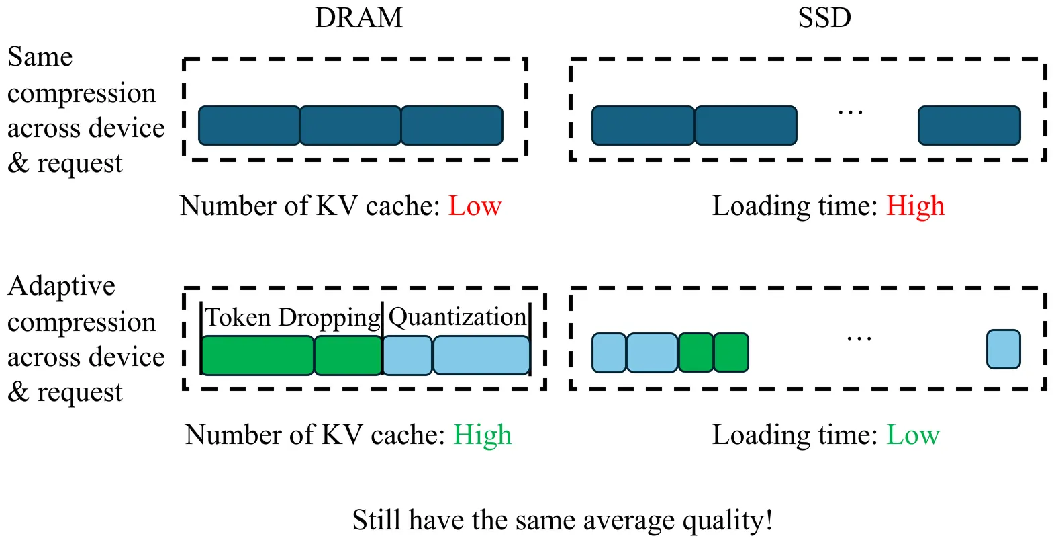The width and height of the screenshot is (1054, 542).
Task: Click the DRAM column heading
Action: pyautogui.click(x=358, y=18)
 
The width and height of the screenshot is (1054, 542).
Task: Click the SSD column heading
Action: pyautogui.click(x=824, y=18)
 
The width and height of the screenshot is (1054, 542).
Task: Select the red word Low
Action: pyautogui.click(x=475, y=206)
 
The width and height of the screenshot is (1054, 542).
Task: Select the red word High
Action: pyautogui.click(x=915, y=206)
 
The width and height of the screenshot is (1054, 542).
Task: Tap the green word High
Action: pyautogui.click(x=482, y=435)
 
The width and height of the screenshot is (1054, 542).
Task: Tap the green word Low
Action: pyautogui.click(x=912, y=435)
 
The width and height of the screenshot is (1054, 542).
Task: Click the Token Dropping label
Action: pyautogui.click(x=293, y=318)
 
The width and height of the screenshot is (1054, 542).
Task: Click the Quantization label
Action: pyautogui.click(x=457, y=318)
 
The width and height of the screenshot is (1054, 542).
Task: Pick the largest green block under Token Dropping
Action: pyautogui.click(x=258, y=355)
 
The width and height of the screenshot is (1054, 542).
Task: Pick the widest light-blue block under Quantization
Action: pyautogui.click(x=481, y=355)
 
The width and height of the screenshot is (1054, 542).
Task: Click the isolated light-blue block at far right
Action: pyautogui.click(x=1003, y=349)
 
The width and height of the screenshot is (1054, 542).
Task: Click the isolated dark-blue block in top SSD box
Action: pyautogui.click(x=969, y=126)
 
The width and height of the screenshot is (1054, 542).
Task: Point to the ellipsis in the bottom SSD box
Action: pyautogui.click(x=859, y=338)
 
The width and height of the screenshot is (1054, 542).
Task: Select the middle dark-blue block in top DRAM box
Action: pyautogui.click(x=350, y=126)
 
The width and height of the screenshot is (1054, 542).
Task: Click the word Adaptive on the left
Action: pyautogui.click(x=61, y=286)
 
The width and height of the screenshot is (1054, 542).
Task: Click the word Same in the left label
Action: pyautogui.click(x=40, y=57)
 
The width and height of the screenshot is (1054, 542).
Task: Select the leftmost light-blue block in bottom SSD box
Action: pyautogui.click(x=608, y=353)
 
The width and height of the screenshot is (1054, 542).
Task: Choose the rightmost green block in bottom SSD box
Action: pyautogui.click(x=730, y=353)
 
